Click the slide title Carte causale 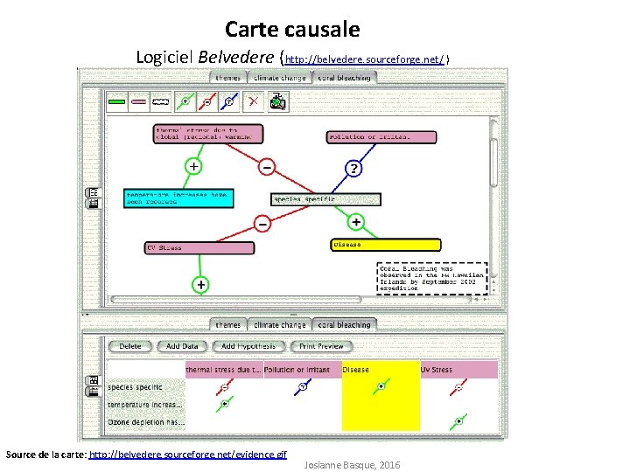coord(292,30)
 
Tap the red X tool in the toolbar coord(253,101)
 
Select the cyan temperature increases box coord(179,198)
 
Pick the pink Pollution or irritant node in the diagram coord(381,136)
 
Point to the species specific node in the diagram coord(326,198)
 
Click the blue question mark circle coord(353,167)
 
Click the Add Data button coord(182,346)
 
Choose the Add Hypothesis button coord(248,346)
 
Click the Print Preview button coord(321,346)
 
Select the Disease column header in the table coord(381,370)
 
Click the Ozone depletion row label coord(145,422)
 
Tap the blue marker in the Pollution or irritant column coord(302,387)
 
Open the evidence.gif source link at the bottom coord(188,455)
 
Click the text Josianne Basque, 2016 coord(352,465)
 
